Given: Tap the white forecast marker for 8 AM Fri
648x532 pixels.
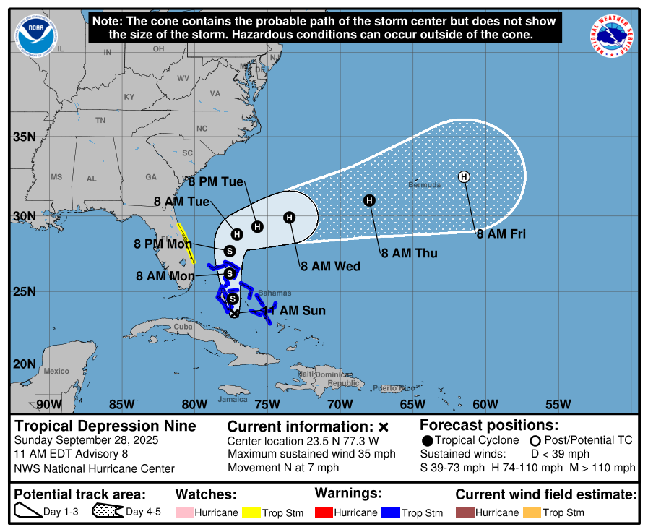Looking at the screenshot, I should (x=464, y=176).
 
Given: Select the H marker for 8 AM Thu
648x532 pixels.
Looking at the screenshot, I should (x=369, y=200).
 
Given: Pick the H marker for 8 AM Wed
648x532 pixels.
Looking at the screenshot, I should (x=289, y=217).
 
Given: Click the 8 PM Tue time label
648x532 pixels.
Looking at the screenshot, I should (x=216, y=182).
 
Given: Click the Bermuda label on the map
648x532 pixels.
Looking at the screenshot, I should (x=424, y=185).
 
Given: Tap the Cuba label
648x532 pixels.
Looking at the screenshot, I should (x=184, y=326).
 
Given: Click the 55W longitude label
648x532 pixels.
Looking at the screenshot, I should (x=558, y=403).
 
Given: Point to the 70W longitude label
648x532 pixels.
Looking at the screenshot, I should (x=340, y=403).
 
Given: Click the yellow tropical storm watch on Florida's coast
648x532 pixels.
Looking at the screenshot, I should (x=186, y=243).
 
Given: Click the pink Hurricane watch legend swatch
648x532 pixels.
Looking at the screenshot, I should (x=184, y=512).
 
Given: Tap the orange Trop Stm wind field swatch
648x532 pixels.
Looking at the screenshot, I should (x=532, y=512).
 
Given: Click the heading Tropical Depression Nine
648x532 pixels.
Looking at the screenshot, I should (x=105, y=426).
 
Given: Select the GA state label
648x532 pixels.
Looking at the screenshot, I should (x=151, y=177).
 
